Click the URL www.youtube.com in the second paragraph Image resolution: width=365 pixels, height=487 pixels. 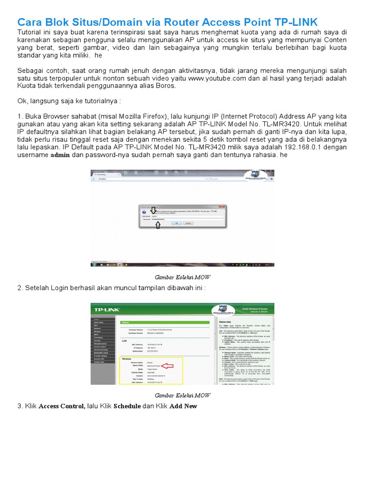[217, 78]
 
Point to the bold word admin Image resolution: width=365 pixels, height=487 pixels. [60, 155]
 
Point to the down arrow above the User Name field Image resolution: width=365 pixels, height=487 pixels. [153, 197]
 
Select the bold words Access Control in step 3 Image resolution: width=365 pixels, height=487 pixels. [62, 407]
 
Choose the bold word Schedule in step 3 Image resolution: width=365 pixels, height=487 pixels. [127, 407]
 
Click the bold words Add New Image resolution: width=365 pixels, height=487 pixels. [183, 407]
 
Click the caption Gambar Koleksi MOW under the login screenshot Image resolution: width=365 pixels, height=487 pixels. [182, 277]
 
